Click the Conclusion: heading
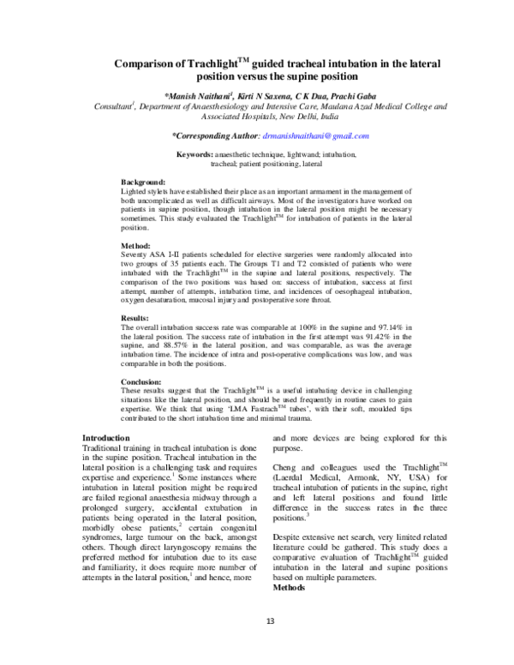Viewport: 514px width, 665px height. pos(141,381)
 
